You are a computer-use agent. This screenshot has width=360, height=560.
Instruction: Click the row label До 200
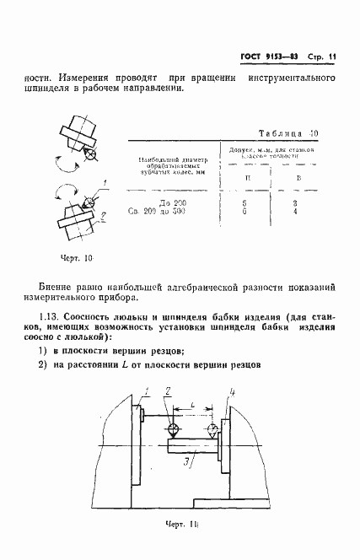pos(171,202)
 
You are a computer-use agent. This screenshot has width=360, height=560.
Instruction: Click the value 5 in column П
pos(245,202)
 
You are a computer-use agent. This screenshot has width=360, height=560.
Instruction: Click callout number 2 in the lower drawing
pos(169,392)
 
